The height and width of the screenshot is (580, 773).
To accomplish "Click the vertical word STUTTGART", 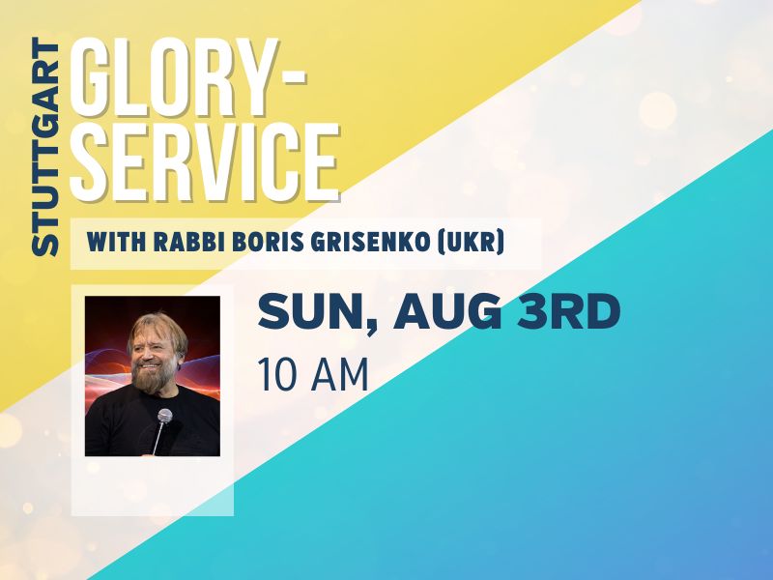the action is pos(45,147).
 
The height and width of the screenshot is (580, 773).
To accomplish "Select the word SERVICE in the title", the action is pos(205,160).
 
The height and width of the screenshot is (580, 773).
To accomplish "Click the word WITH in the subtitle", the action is pos(116,243).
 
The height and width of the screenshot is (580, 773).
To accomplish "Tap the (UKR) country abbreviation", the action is pos(472,243).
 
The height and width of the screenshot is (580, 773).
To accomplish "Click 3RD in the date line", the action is pos(569,311).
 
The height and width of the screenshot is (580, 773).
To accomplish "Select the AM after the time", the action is pos(341,375).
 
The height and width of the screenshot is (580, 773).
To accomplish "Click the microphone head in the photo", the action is pos(164,416).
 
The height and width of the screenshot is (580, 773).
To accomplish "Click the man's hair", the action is pos(157,329).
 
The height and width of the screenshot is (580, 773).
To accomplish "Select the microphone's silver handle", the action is pos(158,439).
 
